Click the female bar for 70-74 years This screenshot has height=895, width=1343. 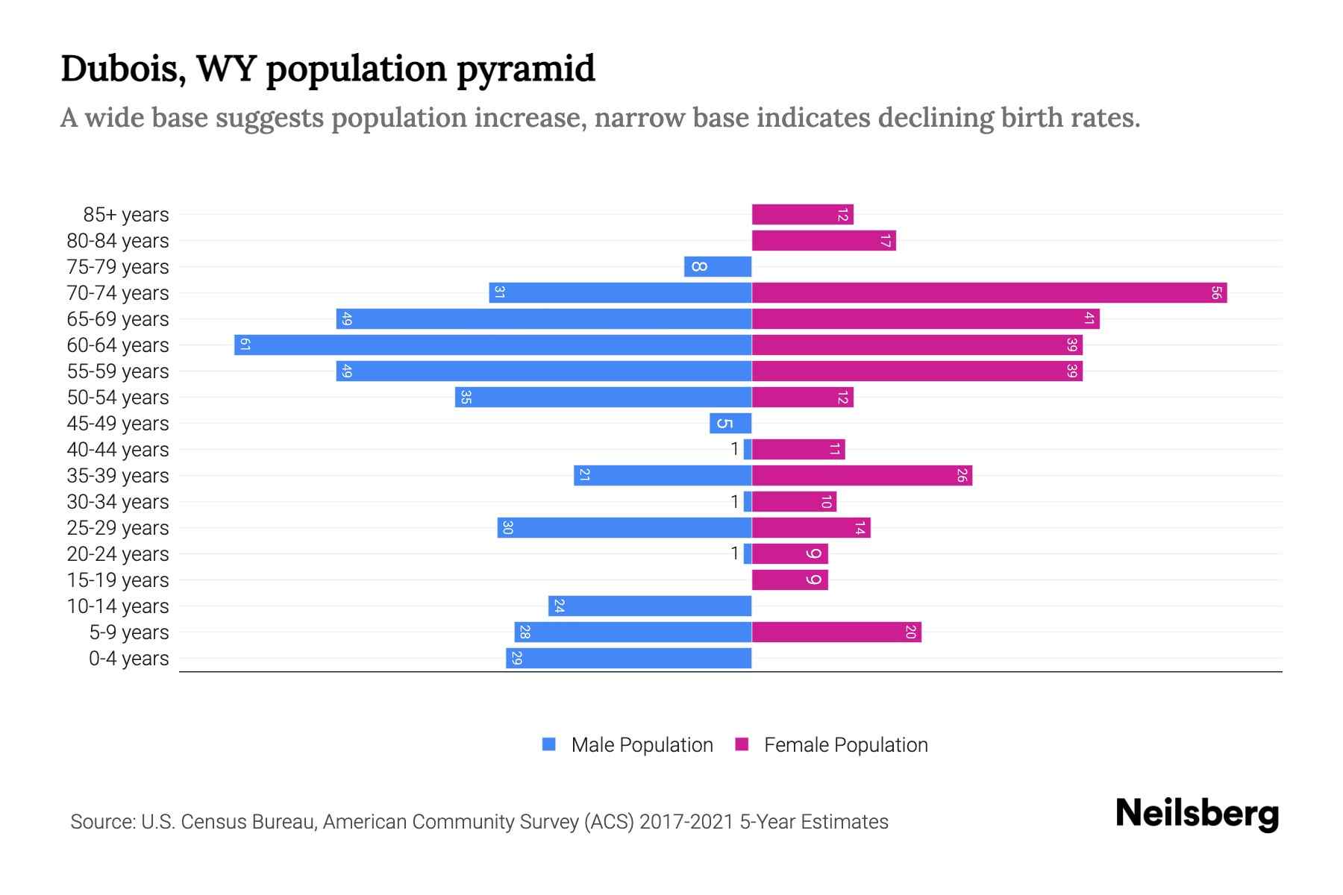pyautogui.click(x=989, y=292)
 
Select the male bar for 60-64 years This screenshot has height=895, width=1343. pyautogui.click(x=492, y=345)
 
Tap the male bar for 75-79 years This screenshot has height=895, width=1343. pyautogui.click(x=717, y=266)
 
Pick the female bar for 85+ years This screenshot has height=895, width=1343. pyautogui.click(x=802, y=215)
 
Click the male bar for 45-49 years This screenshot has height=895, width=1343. pyautogui.click(x=730, y=423)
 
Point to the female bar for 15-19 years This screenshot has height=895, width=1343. pyautogui.click(x=789, y=580)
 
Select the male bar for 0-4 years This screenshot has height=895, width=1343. pyautogui.click(x=628, y=658)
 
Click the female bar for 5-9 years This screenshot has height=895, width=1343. pyautogui.click(x=836, y=632)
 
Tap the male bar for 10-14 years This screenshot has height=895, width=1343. pyautogui.click(x=649, y=606)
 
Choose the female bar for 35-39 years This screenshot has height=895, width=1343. pyautogui.click(x=861, y=475)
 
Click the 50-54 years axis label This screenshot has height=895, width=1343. pyautogui.click(x=118, y=398)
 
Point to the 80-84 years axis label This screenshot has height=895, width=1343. pyautogui.click(x=118, y=241)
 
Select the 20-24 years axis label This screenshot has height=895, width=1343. pyautogui.click(x=118, y=554)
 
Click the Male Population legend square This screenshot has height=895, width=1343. pyautogui.click(x=549, y=744)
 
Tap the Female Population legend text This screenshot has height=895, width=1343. pyautogui.click(x=845, y=744)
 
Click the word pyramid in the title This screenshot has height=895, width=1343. pyautogui.click(x=525, y=69)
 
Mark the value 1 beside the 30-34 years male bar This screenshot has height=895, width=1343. pyautogui.click(x=734, y=501)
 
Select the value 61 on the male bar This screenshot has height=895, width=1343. pyautogui.click(x=244, y=345)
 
